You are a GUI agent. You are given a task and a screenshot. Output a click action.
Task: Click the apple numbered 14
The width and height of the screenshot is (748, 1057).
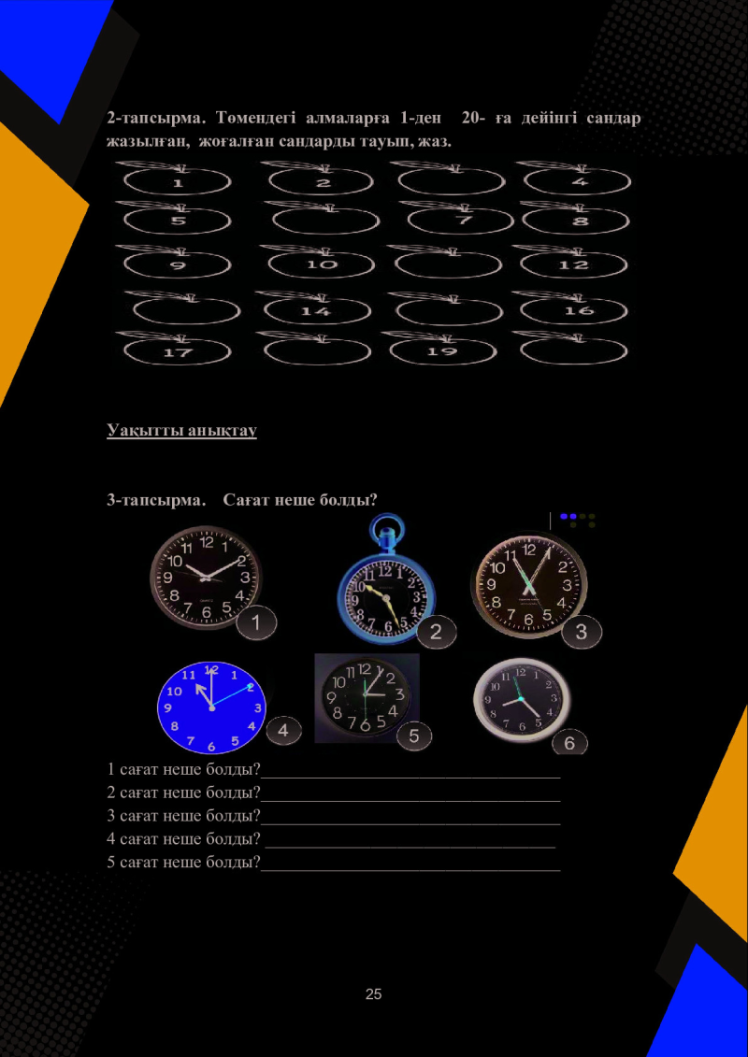click(x=316, y=308)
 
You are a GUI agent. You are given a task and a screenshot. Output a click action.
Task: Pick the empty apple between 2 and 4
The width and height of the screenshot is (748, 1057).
click(x=449, y=179)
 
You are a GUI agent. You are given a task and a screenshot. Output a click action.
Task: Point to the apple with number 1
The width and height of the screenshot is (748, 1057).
click(x=177, y=179)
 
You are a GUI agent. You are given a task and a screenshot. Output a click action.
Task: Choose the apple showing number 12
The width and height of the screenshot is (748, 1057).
click(x=572, y=263)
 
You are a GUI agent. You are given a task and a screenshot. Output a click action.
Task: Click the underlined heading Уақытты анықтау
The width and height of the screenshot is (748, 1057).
click(x=181, y=429)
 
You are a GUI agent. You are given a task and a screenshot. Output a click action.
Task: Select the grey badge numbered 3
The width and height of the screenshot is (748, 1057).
click(x=582, y=633)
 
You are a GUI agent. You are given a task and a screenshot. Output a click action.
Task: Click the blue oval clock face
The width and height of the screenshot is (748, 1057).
click(x=212, y=707)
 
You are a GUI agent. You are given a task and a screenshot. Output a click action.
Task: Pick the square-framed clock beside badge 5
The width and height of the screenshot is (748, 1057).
click(x=367, y=698)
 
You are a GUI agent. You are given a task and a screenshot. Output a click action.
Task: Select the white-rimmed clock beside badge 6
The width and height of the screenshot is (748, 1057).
click(x=522, y=700)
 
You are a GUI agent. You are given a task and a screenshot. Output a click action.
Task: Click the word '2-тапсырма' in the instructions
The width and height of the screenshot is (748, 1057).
click(x=156, y=120)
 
